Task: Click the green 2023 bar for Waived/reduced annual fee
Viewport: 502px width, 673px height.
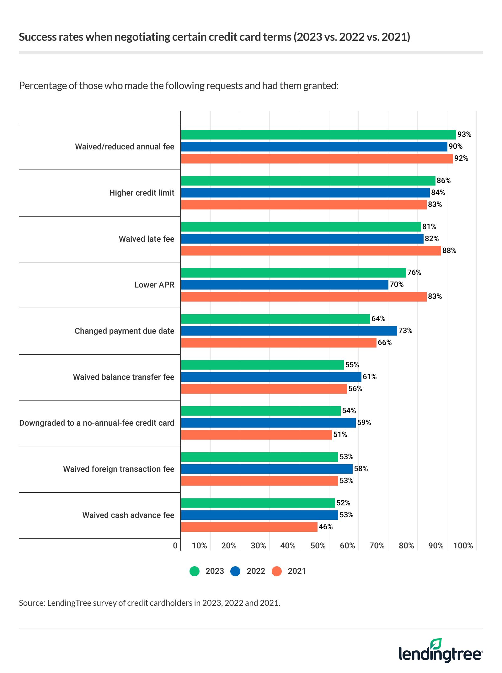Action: coord(318,135)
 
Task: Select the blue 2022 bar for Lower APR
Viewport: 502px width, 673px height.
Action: coord(285,285)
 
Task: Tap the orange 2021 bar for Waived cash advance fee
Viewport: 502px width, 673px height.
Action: coord(249,527)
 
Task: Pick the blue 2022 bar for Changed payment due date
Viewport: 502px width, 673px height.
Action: coord(289,331)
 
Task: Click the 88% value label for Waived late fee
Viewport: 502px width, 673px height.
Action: coord(449,250)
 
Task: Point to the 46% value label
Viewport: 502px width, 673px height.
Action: coord(326,527)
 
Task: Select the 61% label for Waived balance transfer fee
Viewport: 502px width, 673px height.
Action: coord(370,377)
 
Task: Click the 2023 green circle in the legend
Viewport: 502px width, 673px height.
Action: coord(195,571)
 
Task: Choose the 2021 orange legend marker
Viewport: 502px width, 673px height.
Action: coord(277,571)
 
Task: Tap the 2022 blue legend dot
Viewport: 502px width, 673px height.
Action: coord(235,571)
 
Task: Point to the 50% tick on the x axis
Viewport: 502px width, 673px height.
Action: coord(318,546)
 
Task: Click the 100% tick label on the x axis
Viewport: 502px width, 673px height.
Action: coord(463,546)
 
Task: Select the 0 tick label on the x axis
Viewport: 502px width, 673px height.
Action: coord(175,546)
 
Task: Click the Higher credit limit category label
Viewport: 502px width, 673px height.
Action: coord(142,193)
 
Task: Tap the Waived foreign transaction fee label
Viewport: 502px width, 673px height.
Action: coord(119,469)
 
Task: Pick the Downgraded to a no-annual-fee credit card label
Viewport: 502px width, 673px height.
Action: coord(97,423)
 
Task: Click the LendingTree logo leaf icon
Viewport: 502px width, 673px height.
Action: coord(436,643)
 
